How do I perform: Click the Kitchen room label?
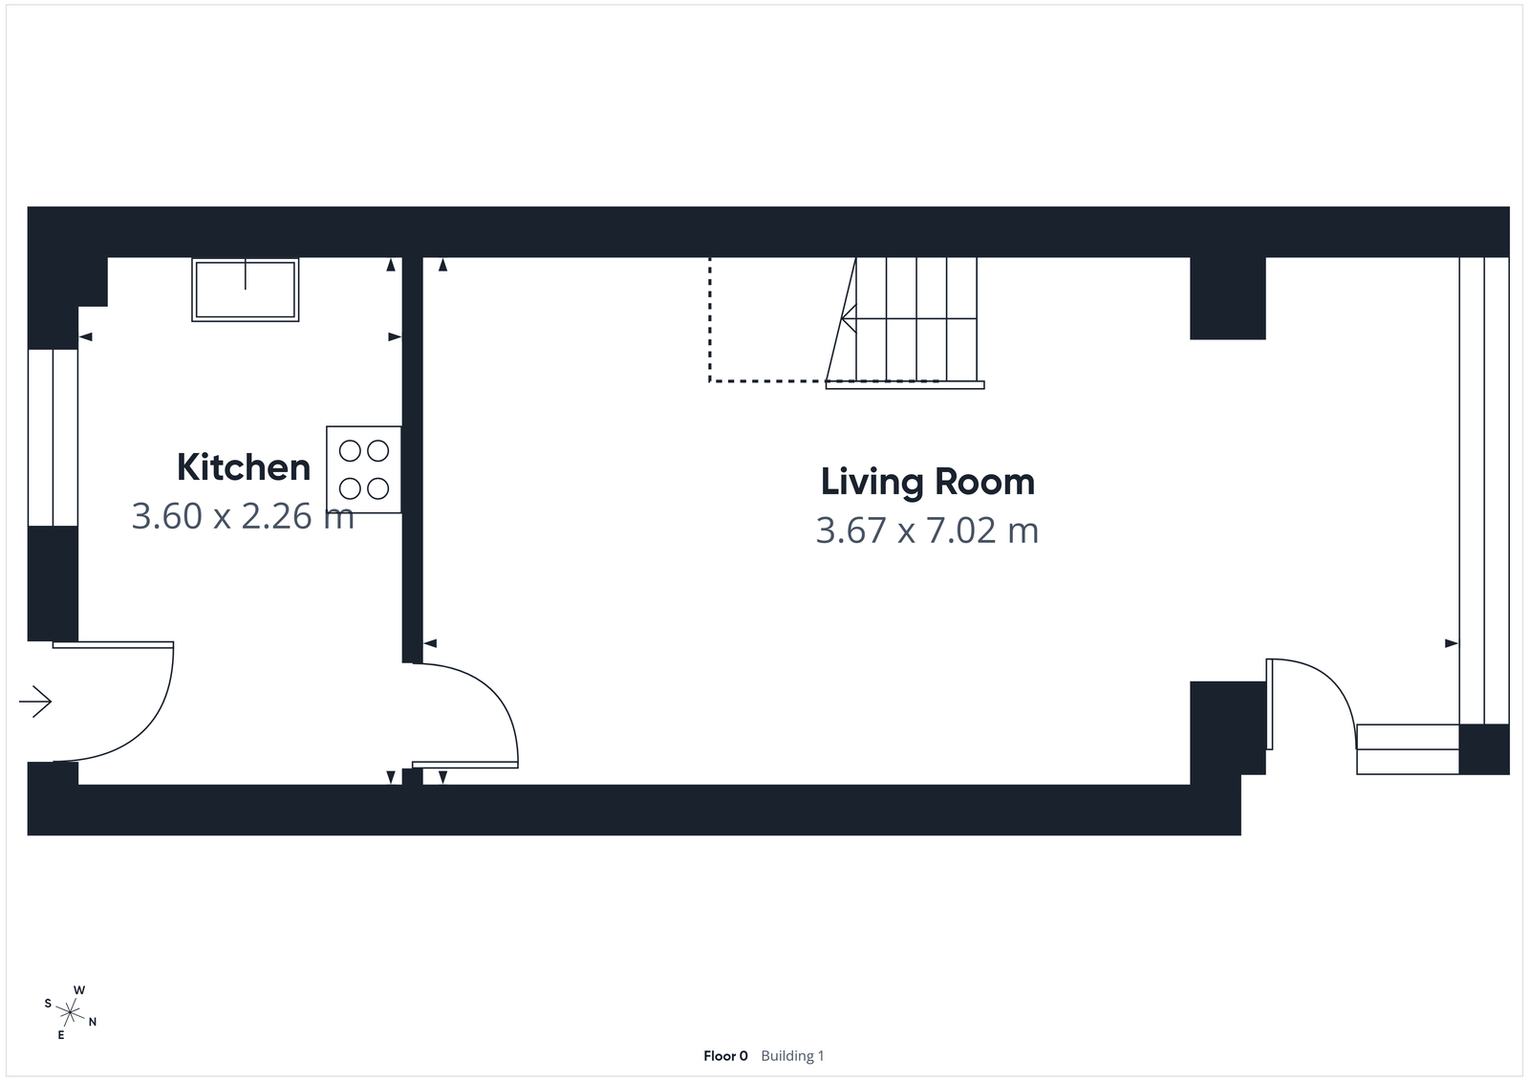pos(244,467)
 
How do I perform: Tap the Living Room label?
pos(927,482)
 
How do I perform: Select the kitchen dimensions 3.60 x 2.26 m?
pos(243,516)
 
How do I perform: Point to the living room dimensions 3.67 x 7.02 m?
pos(927,530)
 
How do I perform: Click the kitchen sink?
pos(246,289)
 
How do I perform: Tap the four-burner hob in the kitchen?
pos(364,469)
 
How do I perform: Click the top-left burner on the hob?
pos(350,450)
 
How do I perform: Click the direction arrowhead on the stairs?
pos(846,316)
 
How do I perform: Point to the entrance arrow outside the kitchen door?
pos(35,702)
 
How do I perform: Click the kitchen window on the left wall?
pos(53,437)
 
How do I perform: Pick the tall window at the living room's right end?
pos(1483,489)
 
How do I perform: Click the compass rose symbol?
pos(71,1011)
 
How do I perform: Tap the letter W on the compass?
pos(80,990)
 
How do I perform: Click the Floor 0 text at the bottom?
pos(725,1056)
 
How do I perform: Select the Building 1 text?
pos(792,1056)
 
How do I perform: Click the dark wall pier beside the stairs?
pos(1227,298)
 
